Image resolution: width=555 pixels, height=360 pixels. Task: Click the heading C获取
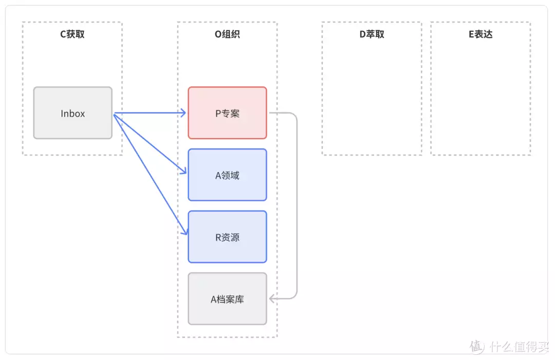click(x=72, y=34)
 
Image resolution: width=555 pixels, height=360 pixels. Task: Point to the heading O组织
click(x=227, y=34)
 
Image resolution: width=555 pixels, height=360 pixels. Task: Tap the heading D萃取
click(x=372, y=34)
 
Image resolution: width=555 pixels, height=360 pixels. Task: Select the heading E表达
click(x=480, y=34)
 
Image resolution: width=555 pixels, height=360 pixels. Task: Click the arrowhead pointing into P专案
click(x=183, y=113)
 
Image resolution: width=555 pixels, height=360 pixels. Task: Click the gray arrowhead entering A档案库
click(x=272, y=298)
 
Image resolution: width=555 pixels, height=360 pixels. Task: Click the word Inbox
click(x=72, y=113)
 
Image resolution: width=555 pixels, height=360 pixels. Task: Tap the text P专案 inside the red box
click(x=227, y=113)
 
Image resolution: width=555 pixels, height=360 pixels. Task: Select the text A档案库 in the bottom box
click(x=227, y=299)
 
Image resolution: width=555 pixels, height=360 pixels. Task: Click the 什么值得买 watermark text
click(x=519, y=347)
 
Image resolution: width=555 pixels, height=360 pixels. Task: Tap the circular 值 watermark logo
click(x=477, y=347)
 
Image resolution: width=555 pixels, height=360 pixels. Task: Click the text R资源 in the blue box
click(x=227, y=238)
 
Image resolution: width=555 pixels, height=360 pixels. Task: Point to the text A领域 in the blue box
click(x=227, y=176)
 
